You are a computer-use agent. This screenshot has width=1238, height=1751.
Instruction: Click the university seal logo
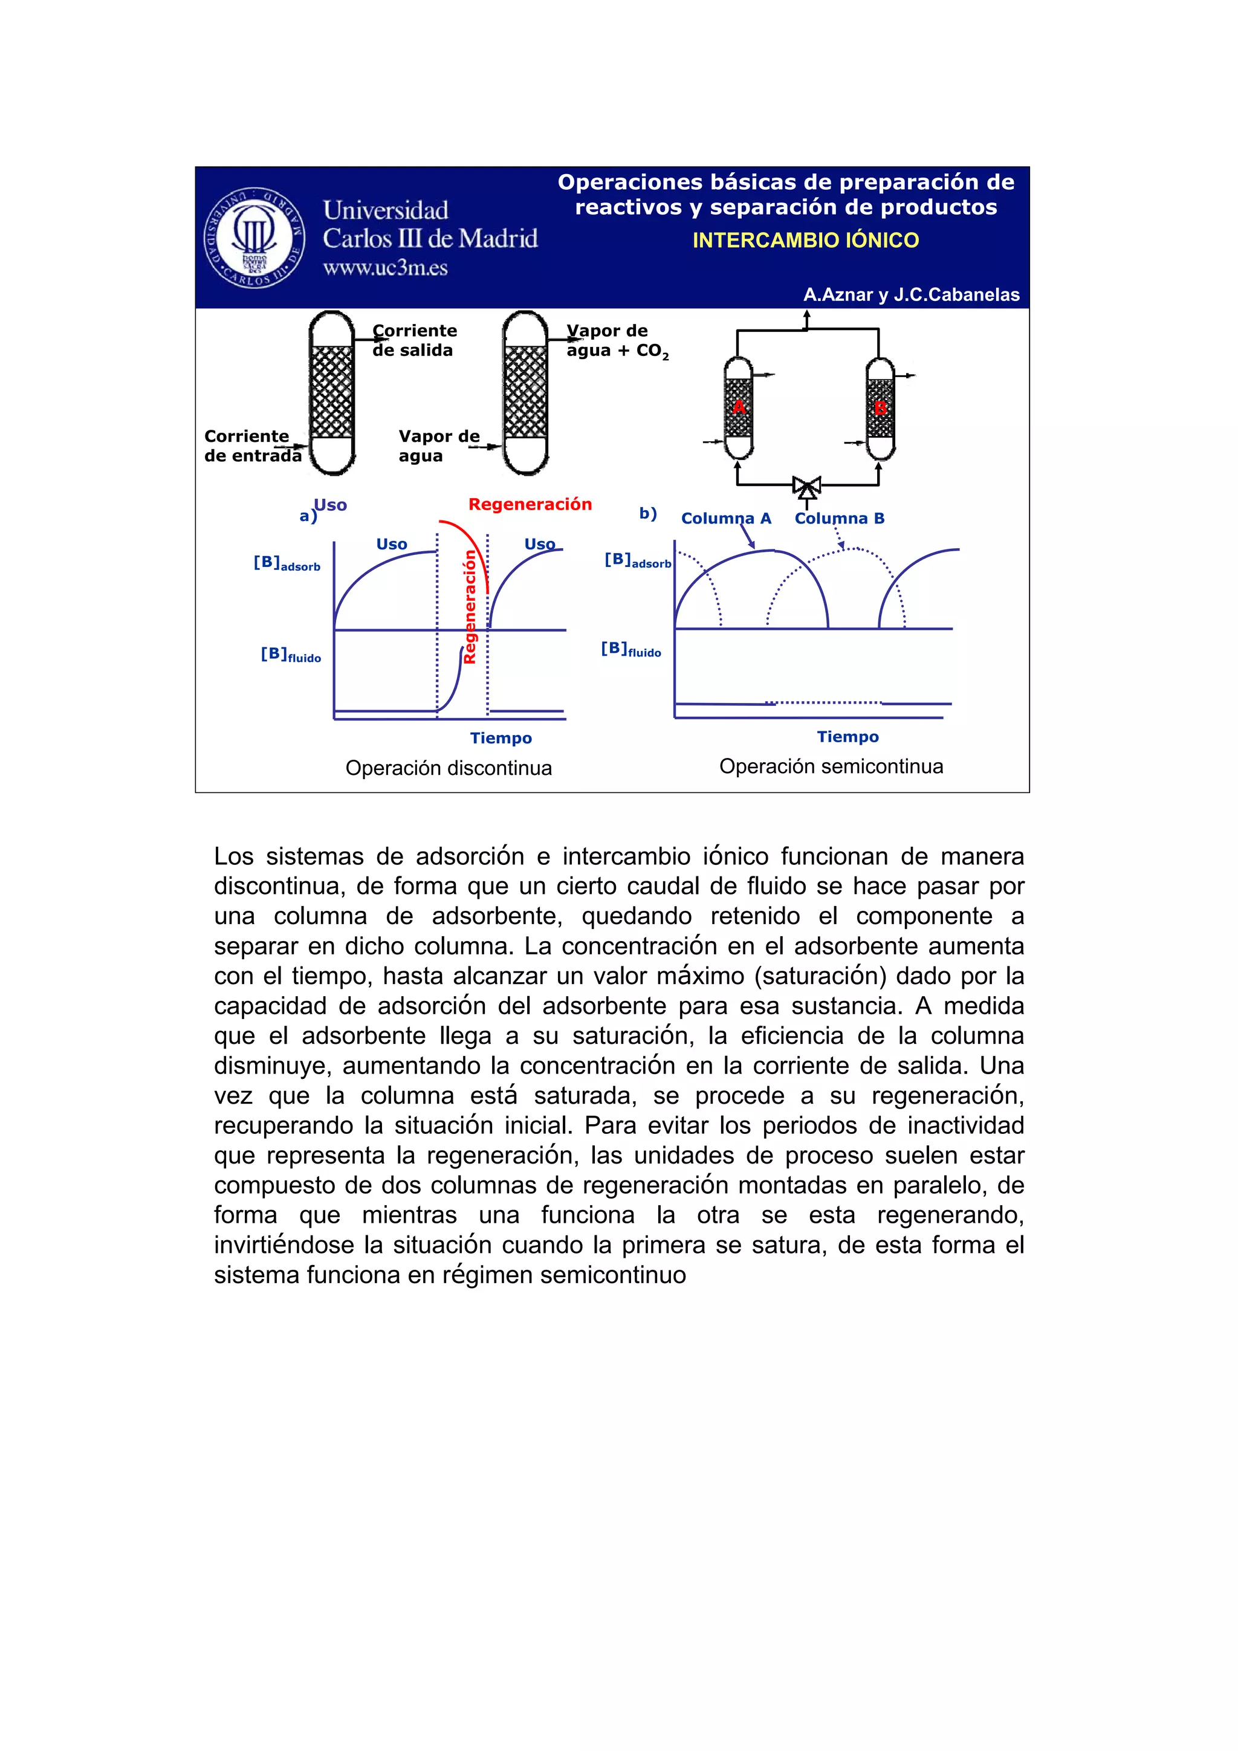tap(254, 237)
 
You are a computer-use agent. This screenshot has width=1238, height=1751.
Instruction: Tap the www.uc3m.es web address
tap(384, 268)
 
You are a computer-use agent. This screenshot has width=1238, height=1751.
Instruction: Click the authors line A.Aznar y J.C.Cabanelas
tap(911, 294)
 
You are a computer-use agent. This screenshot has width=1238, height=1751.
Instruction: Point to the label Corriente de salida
tap(414, 340)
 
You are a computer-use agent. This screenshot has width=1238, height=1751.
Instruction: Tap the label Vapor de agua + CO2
tap(617, 341)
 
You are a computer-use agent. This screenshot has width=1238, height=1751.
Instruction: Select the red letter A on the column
tap(738, 407)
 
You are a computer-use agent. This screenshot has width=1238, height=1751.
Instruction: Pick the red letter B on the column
tap(880, 408)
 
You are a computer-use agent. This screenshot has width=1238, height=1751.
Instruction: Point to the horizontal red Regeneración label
tap(530, 504)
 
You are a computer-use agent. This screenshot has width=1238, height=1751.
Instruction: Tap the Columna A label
tap(725, 519)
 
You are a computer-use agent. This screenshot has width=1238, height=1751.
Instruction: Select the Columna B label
tap(839, 519)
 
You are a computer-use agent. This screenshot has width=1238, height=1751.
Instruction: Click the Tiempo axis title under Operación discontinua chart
tap(501, 738)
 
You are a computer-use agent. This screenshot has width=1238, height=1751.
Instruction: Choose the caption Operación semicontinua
tap(831, 766)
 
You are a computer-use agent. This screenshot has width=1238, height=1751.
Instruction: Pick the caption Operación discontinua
tap(449, 768)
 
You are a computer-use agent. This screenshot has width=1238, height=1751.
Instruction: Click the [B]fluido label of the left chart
tap(290, 655)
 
